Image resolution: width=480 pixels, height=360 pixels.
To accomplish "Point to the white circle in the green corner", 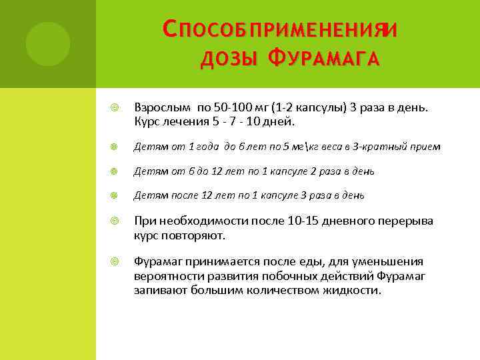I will (x=47, y=43).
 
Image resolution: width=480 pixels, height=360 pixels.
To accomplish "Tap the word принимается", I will (x=219, y=261).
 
